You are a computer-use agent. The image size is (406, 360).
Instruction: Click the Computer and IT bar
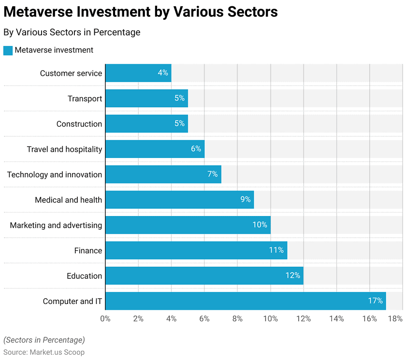click(246, 301)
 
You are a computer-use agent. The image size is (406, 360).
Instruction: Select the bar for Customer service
click(138, 73)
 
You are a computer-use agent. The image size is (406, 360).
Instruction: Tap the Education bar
click(204, 276)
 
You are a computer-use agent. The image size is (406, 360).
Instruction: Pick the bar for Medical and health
click(179, 200)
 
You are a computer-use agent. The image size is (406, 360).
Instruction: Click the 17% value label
click(375, 301)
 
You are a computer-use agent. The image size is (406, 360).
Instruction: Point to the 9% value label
click(246, 200)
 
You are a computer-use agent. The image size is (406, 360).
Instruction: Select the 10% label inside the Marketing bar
click(260, 225)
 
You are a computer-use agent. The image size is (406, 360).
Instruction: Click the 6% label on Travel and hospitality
click(196, 149)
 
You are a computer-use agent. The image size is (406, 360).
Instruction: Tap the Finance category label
click(88, 250)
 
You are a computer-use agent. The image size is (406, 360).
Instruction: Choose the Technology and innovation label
click(55, 174)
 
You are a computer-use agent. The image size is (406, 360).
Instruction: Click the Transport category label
click(85, 99)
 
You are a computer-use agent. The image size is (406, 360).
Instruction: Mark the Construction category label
click(79, 124)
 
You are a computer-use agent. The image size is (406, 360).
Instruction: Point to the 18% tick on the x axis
click(395, 318)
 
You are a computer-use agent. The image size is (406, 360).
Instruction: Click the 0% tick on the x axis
click(105, 318)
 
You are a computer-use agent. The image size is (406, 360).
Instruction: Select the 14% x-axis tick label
click(336, 318)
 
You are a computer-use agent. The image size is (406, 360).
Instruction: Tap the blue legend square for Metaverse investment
click(8, 50)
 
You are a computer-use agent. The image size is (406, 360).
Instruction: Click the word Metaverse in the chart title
click(42, 12)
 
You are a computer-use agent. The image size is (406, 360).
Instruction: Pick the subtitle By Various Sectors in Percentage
click(72, 32)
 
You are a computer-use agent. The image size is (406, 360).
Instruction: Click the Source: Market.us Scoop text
click(44, 352)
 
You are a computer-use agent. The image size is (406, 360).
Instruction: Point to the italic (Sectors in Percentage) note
click(44, 340)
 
